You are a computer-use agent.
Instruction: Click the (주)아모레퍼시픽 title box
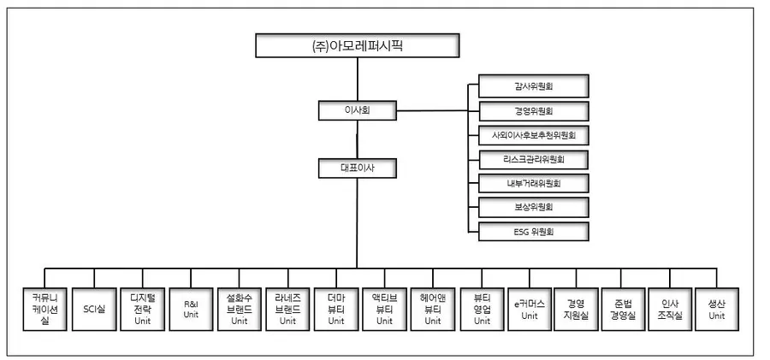click(358, 45)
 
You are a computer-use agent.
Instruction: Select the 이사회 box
click(357, 110)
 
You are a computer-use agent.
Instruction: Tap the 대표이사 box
click(357, 168)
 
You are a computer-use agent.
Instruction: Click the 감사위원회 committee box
click(533, 86)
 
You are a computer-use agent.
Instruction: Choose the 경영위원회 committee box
click(533, 111)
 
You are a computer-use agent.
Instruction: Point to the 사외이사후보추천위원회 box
click(533, 135)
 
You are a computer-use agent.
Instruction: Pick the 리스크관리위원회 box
click(533, 159)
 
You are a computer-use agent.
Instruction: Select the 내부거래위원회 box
click(533, 183)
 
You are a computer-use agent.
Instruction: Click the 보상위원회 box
click(533, 207)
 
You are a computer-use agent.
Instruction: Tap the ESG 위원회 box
click(533, 231)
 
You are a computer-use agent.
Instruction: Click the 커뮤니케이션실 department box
click(44, 308)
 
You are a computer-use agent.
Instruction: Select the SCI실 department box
click(93, 308)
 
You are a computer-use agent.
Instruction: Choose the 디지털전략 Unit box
click(141, 308)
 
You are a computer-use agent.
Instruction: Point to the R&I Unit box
click(190, 308)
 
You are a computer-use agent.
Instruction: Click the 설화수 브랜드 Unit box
click(239, 308)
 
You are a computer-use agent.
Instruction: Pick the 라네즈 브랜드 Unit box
click(287, 308)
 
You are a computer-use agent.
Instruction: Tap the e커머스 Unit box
click(530, 308)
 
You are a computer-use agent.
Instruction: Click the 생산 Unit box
click(716, 308)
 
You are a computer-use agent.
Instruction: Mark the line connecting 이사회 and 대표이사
click(357, 139)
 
